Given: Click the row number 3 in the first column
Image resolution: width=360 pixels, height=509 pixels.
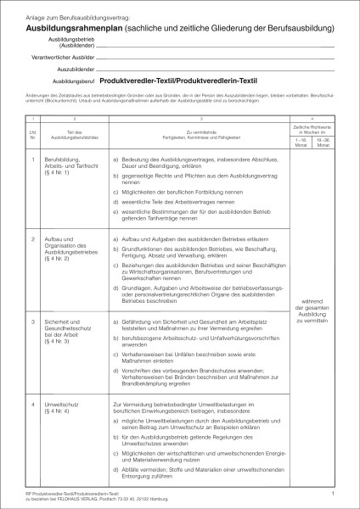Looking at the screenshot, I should click(x=32, y=323).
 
